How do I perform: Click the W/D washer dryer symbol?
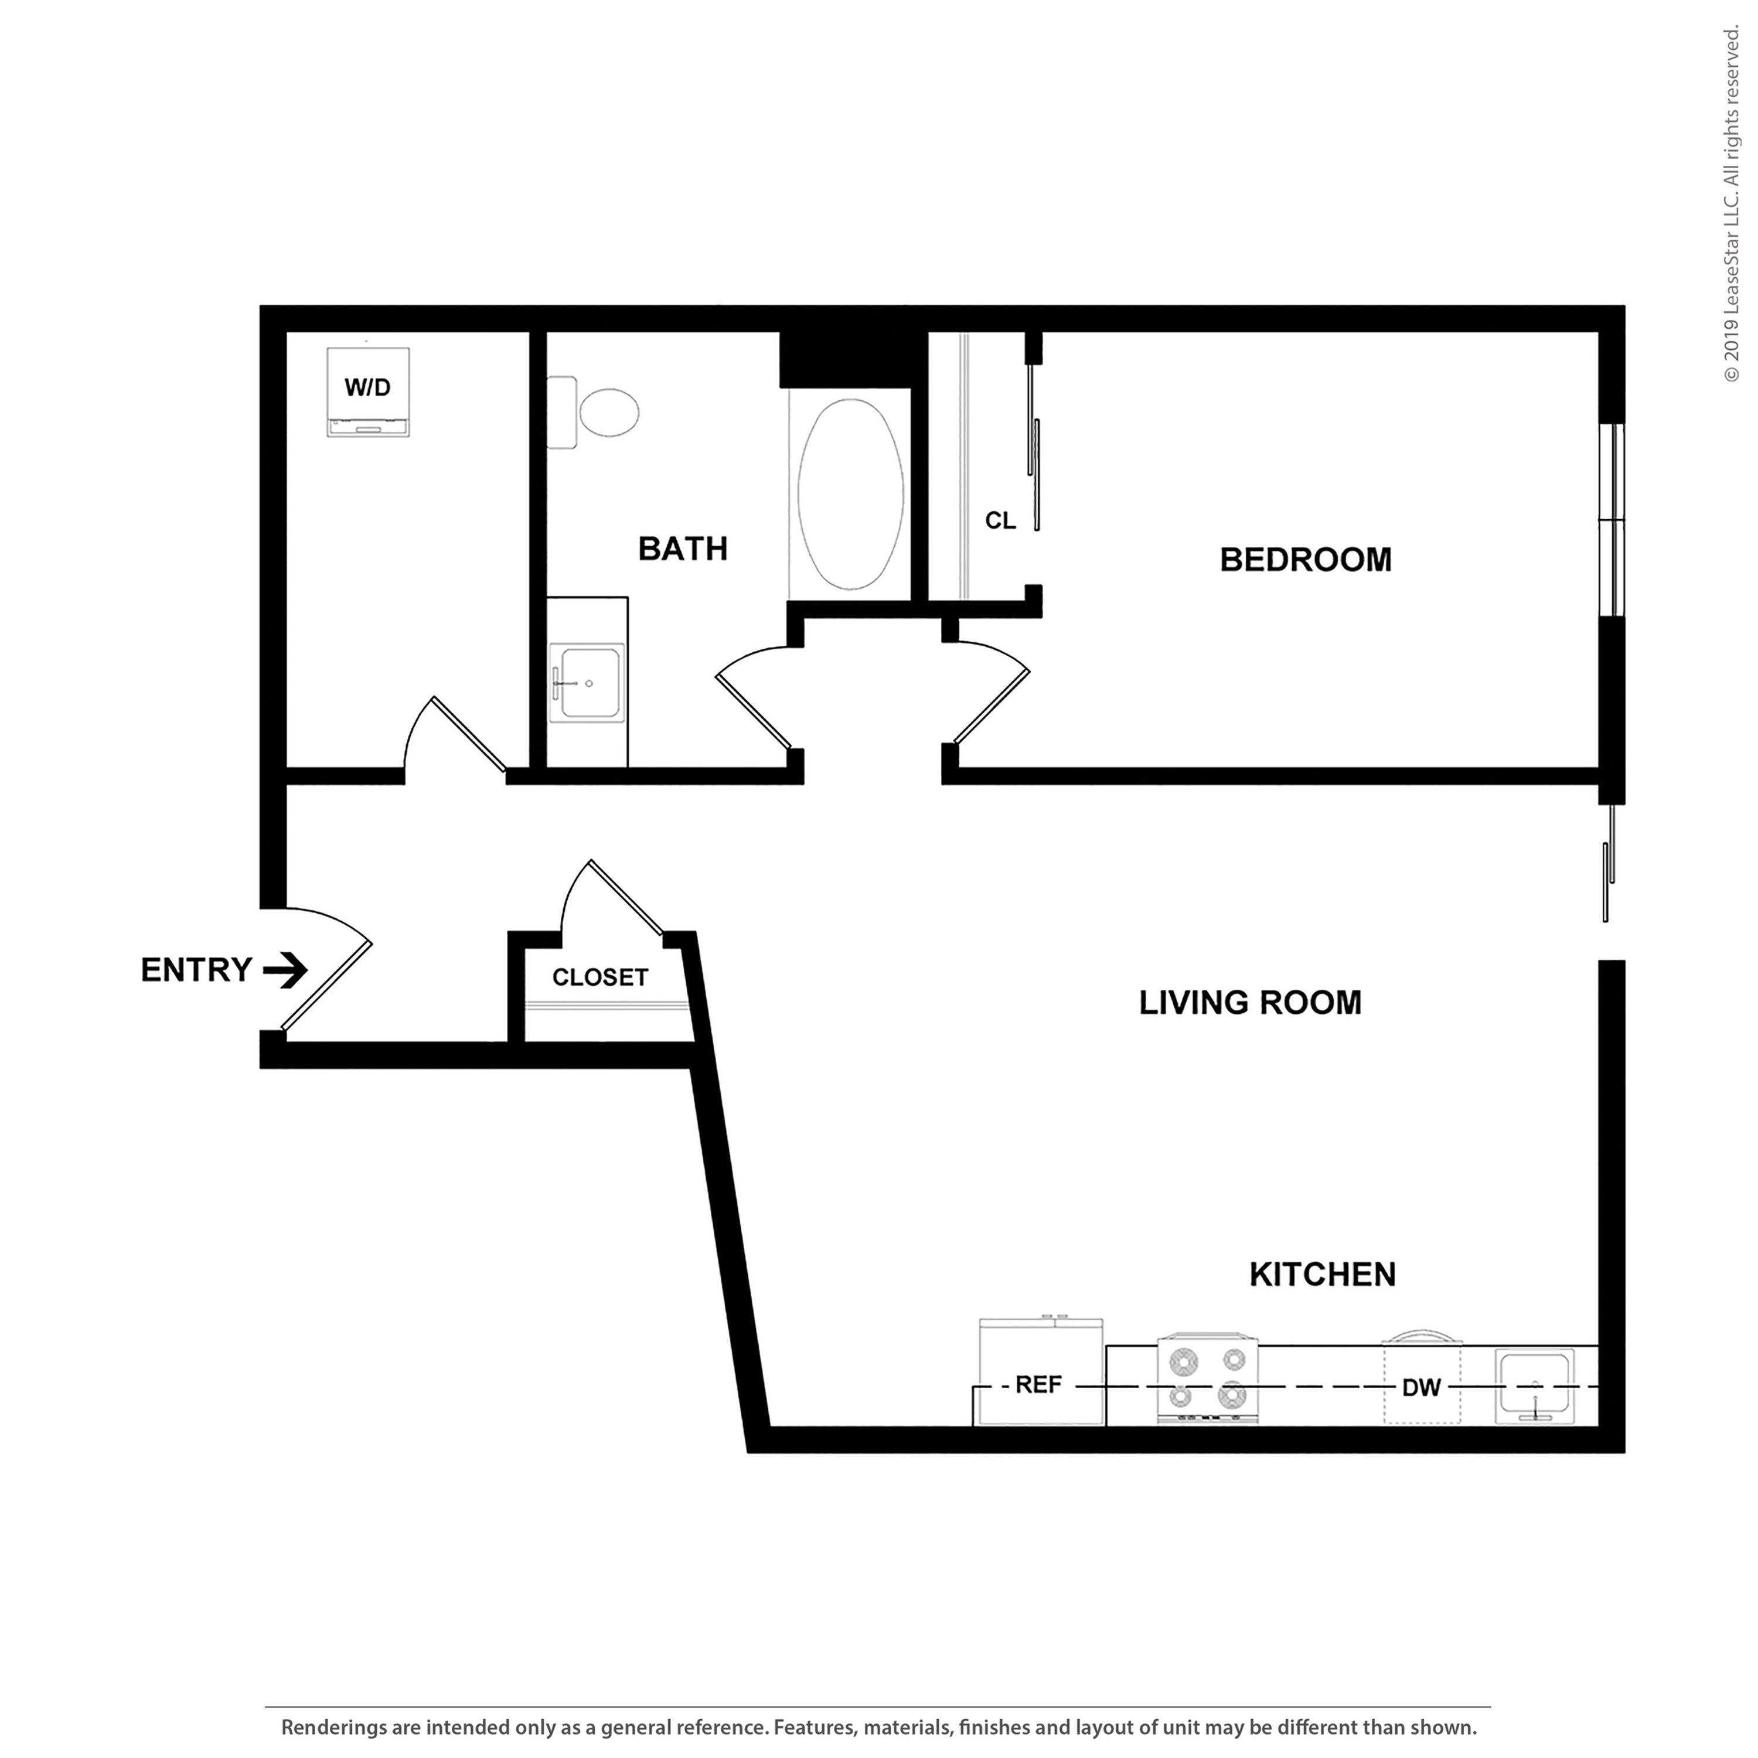point(367,391)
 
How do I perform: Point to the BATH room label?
point(683,548)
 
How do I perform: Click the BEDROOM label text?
point(1305,560)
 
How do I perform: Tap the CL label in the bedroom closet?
point(1000,520)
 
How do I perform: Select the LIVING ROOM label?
point(1249,1003)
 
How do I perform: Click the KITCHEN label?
point(1321,1275)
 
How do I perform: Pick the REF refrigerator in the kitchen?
point(1039,1384)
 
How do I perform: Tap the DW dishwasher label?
point(1420,1388)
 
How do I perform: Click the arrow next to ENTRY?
point(286,970)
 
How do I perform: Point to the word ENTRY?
point(196,970)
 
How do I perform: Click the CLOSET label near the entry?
point(599,977)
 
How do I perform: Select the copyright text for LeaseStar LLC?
point(1730,205)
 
